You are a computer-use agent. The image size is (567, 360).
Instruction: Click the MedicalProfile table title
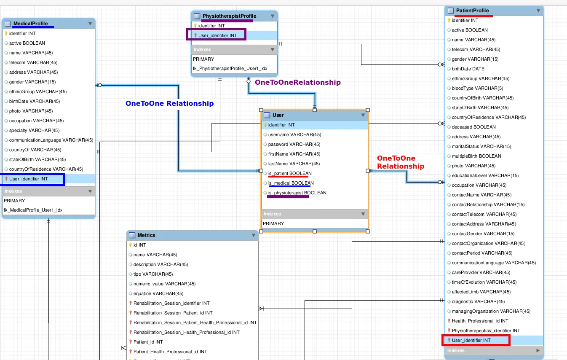click(30, 24)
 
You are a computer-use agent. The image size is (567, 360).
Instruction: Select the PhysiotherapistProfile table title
click(229, 16)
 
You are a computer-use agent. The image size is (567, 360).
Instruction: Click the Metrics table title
click(146, 235)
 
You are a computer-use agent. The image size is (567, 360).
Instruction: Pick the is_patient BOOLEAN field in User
click(290, 174)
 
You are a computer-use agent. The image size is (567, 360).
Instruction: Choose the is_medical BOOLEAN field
click(291, 183)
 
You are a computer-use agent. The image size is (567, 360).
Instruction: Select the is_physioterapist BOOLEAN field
click(297, 193)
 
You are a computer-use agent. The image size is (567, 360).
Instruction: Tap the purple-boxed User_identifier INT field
click(217, 35)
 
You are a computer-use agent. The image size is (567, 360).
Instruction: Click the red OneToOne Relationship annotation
click(400, 162)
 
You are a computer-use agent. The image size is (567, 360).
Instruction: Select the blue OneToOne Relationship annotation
click(169, 103)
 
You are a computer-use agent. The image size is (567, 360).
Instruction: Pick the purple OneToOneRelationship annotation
click(297, 83)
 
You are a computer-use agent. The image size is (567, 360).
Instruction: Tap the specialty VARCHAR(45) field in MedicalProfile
click(34, 131)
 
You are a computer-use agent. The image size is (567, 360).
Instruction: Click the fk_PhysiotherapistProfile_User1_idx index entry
click(230, 68)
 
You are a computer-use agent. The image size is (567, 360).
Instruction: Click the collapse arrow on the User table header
click(363, 115)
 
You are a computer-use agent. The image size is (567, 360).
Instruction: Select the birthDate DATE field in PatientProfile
click(468, 69)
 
